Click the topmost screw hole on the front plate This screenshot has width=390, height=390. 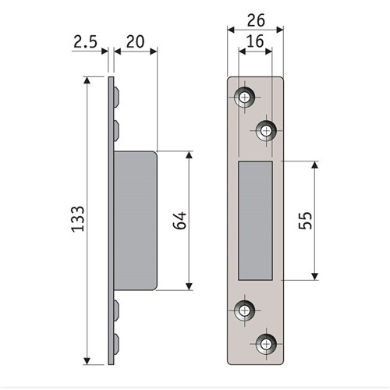(245, 97)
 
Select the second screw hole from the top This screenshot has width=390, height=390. (266, 129)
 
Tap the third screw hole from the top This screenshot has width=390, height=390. (245, 310)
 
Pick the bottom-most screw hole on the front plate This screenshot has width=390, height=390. (266, 342)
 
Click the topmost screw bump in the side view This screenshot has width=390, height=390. (116, 97)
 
